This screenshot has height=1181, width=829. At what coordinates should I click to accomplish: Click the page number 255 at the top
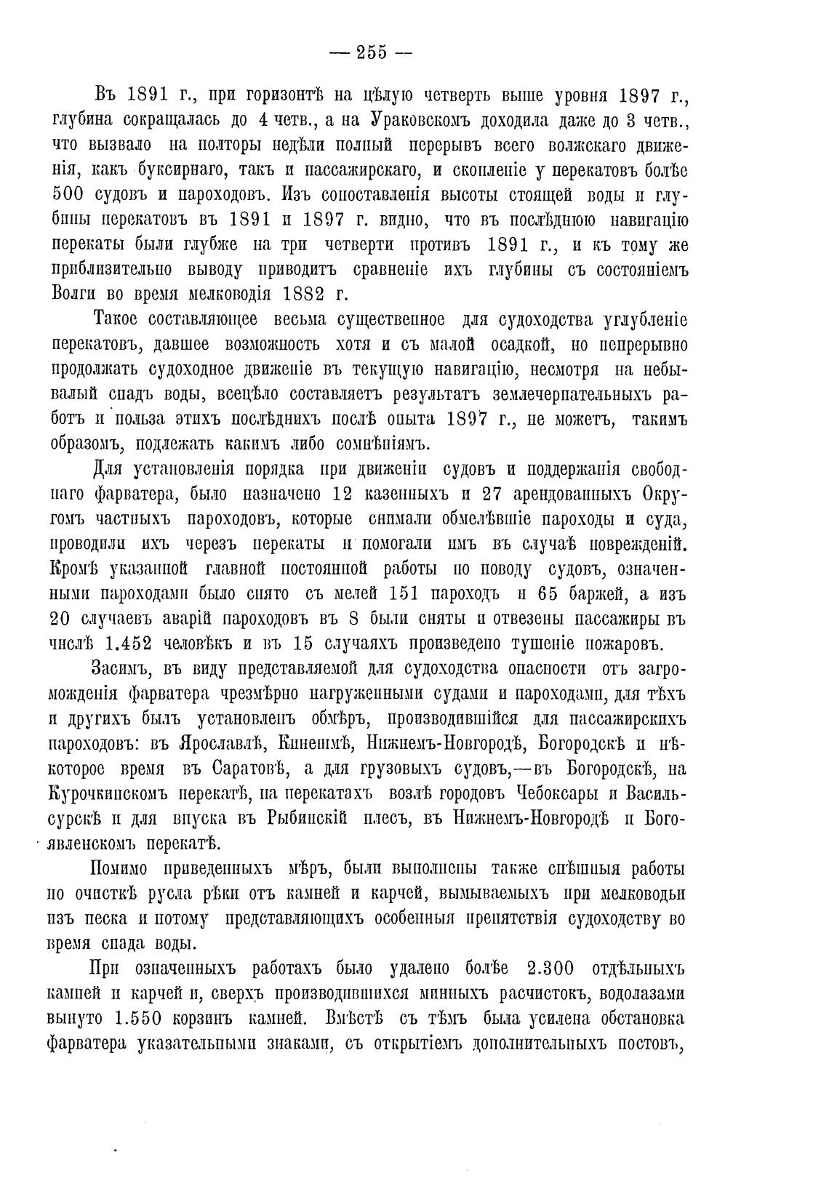(371, 52)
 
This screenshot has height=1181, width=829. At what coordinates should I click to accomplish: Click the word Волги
(76, 294)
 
